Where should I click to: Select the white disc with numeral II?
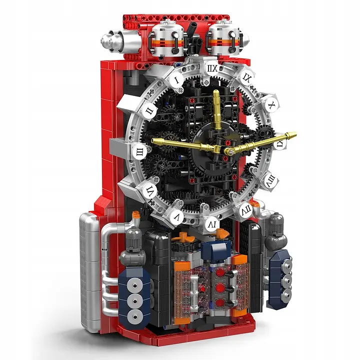click(148, 110)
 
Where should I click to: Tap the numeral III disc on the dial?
click(139, 149)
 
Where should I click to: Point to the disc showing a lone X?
click(270, 105)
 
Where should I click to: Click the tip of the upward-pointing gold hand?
click(216, 93)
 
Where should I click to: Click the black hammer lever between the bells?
click(192, 34)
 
